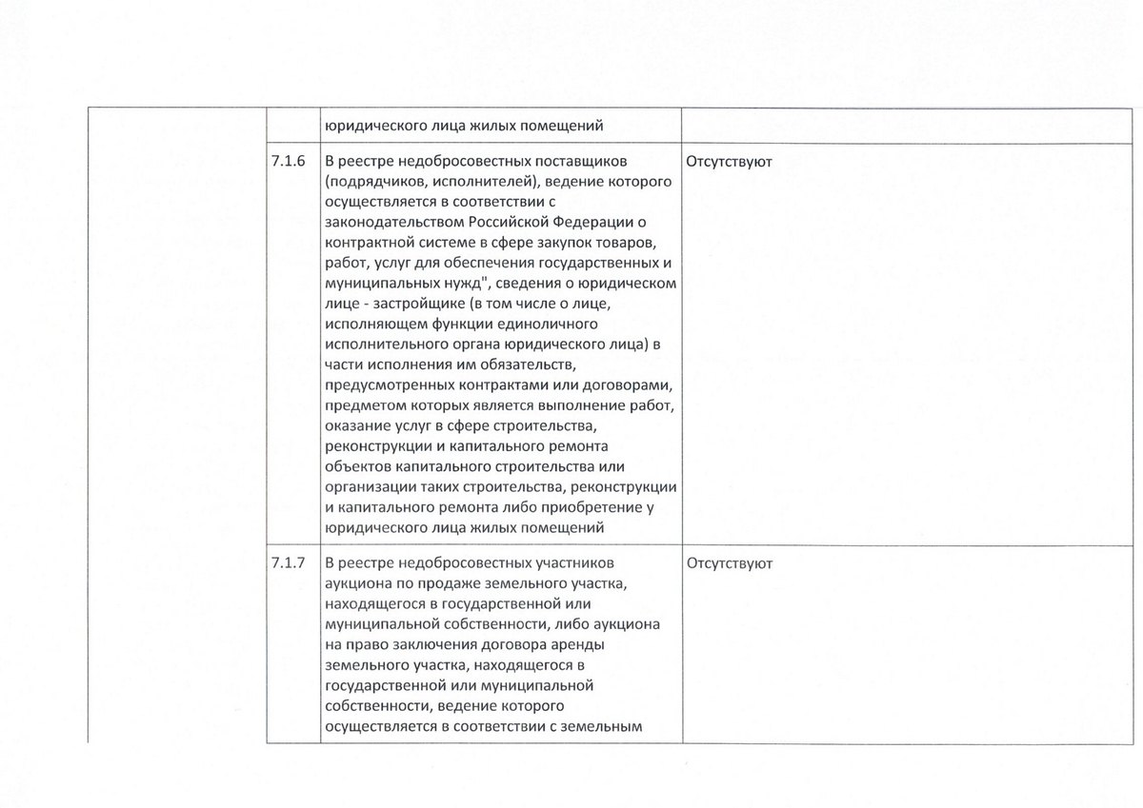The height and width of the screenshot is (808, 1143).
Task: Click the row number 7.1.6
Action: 288,161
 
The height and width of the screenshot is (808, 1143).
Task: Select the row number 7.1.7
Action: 288,562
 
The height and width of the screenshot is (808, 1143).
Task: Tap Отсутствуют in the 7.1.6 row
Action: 729,162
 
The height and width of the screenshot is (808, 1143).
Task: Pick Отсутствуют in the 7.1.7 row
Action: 729,562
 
